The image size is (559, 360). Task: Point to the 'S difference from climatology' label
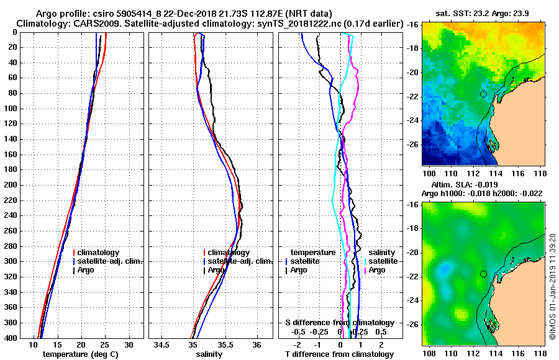pyautogui.click(x=339, y=323)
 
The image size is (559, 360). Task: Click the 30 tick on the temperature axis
pyautogui.click(x=129, y=344)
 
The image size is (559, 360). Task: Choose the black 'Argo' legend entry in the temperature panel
pyautogui.click(x=86, y=270)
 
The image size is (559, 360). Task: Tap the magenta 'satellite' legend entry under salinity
pyautogui.click(x=380, y=261)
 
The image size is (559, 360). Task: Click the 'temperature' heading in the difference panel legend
pyautogui.click(x=313, y=253)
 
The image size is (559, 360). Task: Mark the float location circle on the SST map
pyautogui.click(x=483, y=94)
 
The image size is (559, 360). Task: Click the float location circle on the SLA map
pyautogui.click(x=483, y=274)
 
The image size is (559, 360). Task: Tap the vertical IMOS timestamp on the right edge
pyautogui.click(x=552, y=286)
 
